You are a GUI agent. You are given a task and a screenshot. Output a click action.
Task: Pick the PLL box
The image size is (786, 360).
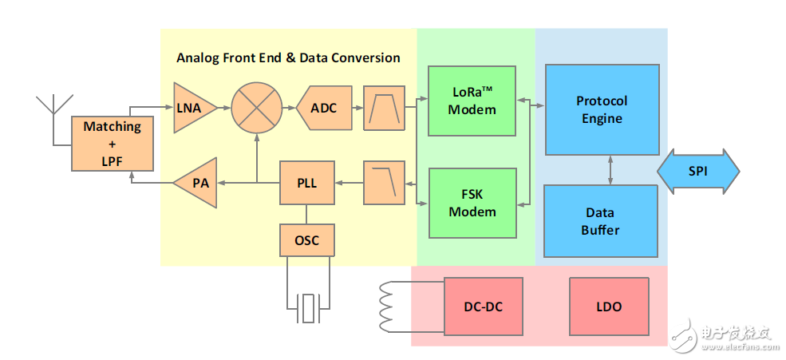tap(306, 183)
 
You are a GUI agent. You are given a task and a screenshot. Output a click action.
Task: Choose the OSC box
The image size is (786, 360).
tap(306, 239)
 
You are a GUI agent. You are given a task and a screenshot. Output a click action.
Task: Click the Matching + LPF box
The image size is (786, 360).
tap(112, 144)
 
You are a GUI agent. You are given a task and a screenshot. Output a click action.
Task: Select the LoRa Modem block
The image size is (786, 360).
tap(472, 101)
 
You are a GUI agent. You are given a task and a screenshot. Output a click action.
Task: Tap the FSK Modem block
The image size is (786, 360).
tap(472, 204)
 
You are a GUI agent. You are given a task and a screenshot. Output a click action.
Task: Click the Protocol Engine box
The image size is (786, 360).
tap(602, 109)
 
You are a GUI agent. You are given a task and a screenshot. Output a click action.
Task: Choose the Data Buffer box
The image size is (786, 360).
tap(601, 221)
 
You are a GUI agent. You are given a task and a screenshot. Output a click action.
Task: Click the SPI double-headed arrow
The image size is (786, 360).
tap(698, 171)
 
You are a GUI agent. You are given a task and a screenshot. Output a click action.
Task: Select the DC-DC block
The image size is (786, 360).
tap(483, 307)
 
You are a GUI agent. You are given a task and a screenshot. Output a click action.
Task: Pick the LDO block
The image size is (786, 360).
tap(608, 307)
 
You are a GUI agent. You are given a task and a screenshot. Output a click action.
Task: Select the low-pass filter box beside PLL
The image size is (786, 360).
tap(384, 183)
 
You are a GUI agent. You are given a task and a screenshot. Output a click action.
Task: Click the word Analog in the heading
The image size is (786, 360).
tap(196, 57)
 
